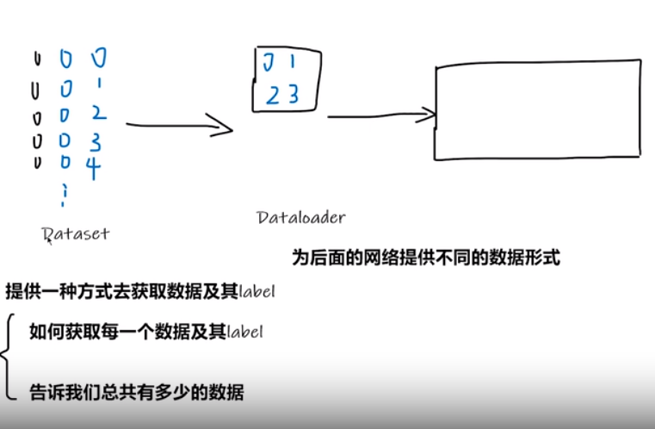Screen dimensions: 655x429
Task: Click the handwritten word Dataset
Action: tap(75, 233)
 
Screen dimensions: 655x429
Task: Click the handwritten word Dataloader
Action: tap(300, 218)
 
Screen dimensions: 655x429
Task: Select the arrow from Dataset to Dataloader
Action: tap(179, 127)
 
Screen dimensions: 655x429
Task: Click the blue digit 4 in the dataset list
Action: tap(93, 166)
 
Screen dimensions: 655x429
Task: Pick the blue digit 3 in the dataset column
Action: tap(95, 140)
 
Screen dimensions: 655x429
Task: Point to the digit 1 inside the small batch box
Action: tap(292, 62)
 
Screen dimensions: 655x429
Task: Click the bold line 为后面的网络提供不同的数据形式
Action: tap(426, 258)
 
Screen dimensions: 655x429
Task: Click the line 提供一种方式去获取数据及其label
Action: tap(139, 291)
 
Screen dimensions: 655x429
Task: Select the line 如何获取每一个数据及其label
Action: tap(145, 332)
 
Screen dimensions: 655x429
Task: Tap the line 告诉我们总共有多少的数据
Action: tap(136, 393)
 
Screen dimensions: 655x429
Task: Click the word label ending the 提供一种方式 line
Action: tap(256, 292)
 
